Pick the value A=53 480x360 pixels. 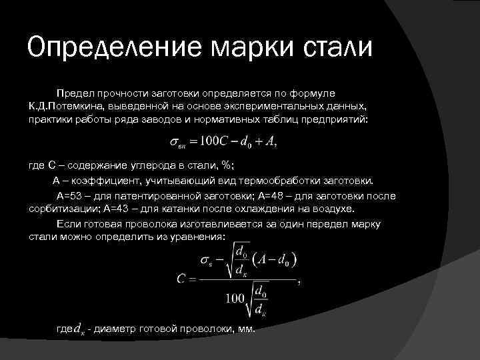pyautogui.click(x=71, y=196)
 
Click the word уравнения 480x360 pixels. pyautogui.click(x=196, y=237)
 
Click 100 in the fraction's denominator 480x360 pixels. pyautogui.click(x=235, y=299)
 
